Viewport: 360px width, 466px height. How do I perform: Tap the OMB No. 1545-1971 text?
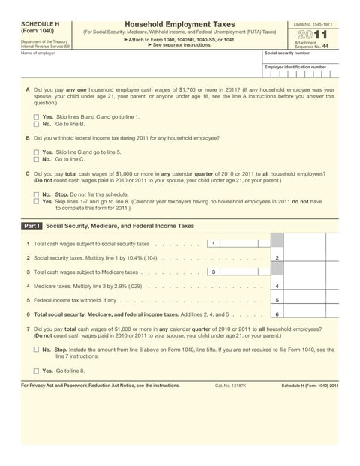312,24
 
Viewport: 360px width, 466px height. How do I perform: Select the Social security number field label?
287,53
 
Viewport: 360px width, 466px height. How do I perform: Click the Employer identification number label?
295,67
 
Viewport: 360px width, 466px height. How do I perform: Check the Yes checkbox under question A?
36,117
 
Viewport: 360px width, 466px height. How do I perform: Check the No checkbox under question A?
36,124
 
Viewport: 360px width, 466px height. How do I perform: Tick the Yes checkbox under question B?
36,152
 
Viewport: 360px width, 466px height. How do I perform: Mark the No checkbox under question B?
36,159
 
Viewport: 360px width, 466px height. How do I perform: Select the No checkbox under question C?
36,194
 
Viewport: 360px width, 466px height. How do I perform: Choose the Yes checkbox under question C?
36,201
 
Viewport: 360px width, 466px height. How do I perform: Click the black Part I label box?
31,225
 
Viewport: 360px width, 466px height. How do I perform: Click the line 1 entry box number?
214,244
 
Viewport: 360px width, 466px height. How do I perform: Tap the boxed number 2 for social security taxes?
277,258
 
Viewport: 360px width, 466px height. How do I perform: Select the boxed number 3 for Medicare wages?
214,272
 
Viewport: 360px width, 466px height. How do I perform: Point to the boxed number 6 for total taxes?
277,314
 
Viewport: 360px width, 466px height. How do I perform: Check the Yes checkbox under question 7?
36,371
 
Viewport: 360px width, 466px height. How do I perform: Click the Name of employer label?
38,53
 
